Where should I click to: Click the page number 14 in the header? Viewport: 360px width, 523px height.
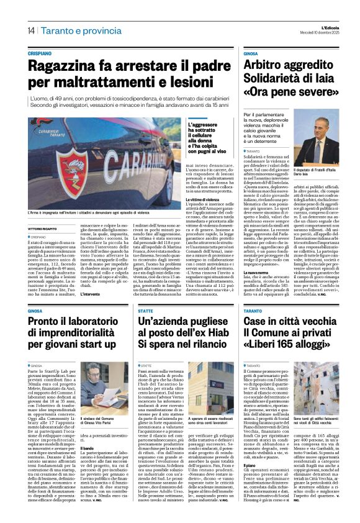pos(30,30)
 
